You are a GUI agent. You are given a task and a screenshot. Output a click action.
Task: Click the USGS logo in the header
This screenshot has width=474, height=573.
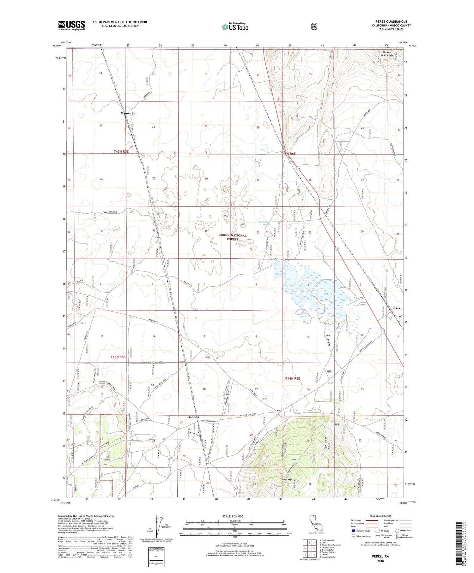pyautogui.click(x=71, y=25)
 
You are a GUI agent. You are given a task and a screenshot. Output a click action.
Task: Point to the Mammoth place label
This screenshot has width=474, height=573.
pyautogui.click(x=128, y=113)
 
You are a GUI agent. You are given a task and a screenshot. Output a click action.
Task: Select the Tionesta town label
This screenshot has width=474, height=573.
pyautogui.click(x=192, y=417)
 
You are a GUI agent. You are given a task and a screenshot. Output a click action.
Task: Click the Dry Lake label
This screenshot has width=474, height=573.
pyautogui.click(x=329, y=294)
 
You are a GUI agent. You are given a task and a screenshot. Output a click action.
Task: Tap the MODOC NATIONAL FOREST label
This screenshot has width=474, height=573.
pyautogui.click(x=233, y=237)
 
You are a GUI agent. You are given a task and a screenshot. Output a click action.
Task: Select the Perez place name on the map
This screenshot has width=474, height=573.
pyautogui.click(x=396, y=308)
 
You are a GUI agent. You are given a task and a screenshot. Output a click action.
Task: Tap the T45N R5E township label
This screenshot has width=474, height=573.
pyautogui.click(x=121, y=152)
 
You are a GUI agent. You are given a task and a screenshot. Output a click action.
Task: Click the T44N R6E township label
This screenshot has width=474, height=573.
pyautogui.click(x=292, y=378)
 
